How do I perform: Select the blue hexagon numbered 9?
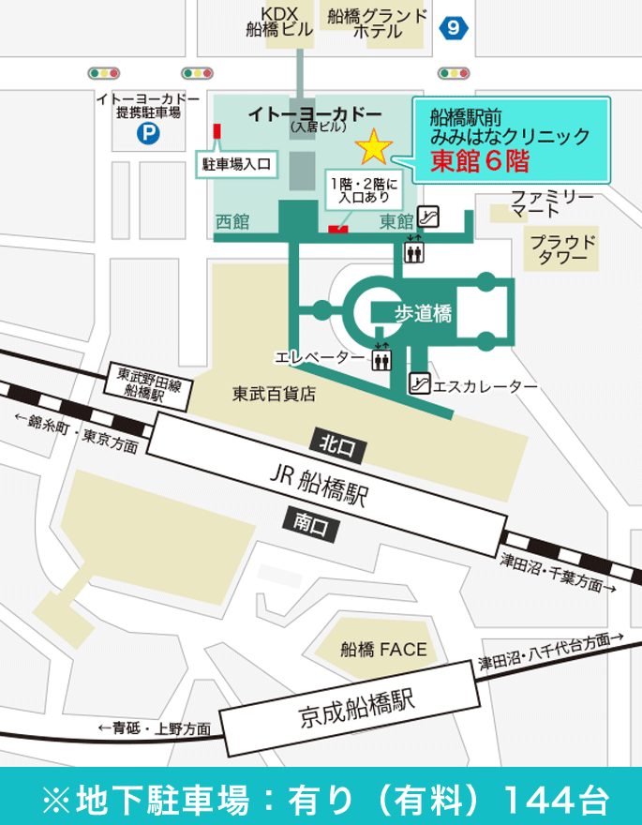[454, 27]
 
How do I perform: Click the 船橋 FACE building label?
[383, 649]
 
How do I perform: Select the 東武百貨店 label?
[274, 395]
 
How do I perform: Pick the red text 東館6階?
[480, 162]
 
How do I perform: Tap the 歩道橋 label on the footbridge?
[423, 314]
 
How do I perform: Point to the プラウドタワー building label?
[563, 249]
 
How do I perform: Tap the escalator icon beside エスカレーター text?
[420, 383]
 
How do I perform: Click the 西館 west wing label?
[232, 222]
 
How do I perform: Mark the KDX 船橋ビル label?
[271, 21]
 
